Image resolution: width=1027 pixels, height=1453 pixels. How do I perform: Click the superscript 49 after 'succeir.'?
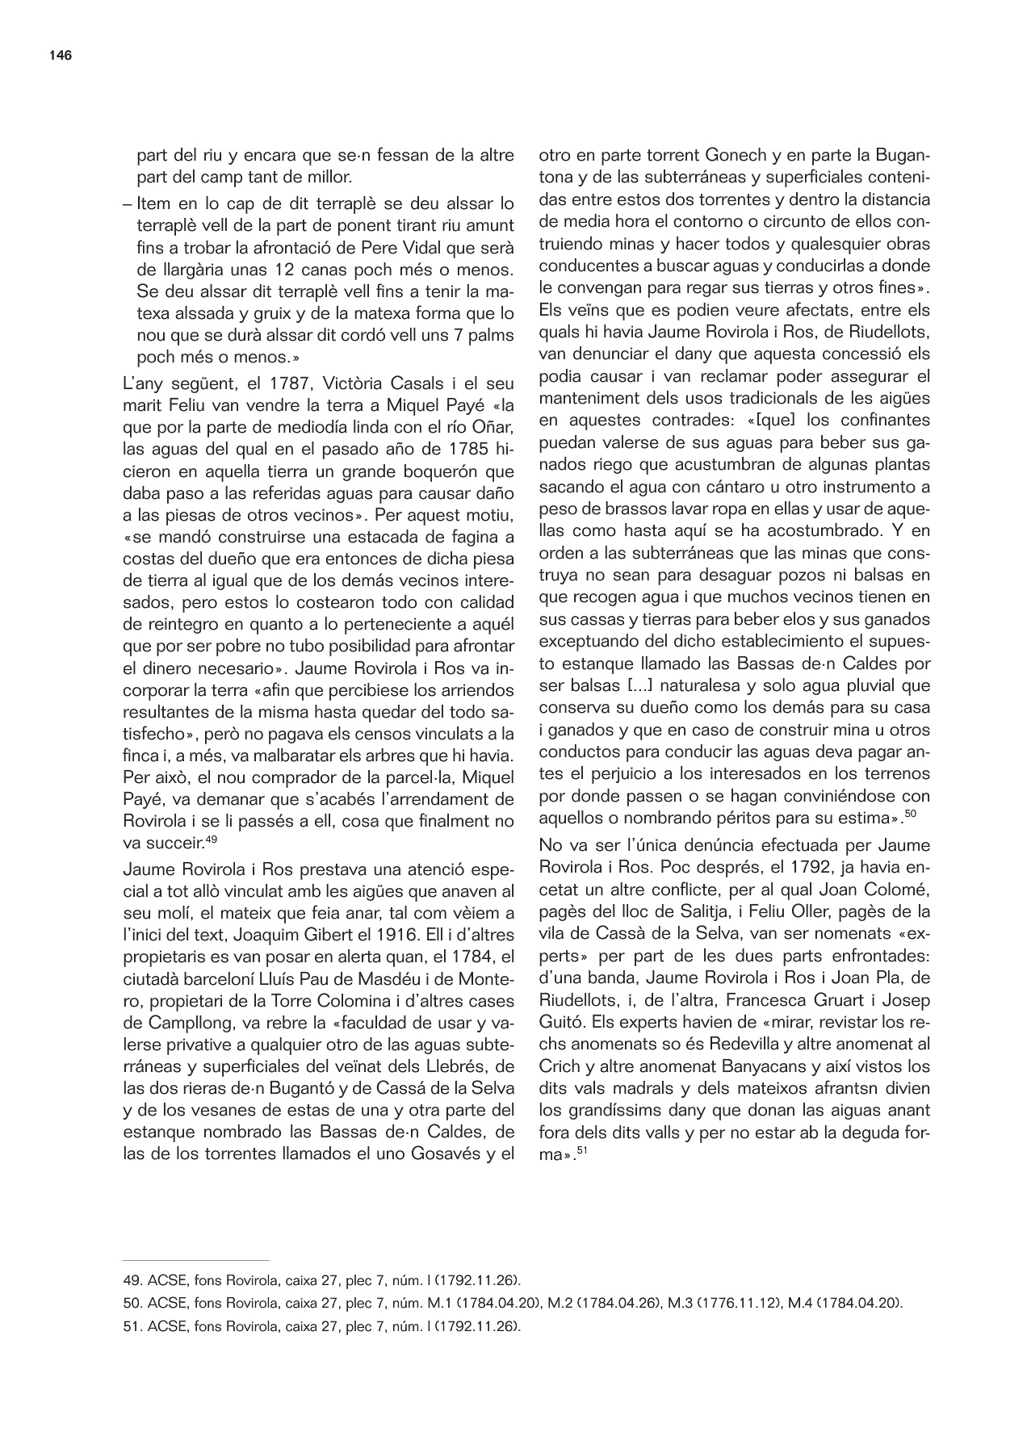pyautogui.click(x=211, y=840)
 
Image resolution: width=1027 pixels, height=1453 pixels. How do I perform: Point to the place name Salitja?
pyautogui.click(x=720, y=911)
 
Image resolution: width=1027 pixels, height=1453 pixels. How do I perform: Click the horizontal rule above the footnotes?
pyautogui.click(x=195, y=1259)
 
